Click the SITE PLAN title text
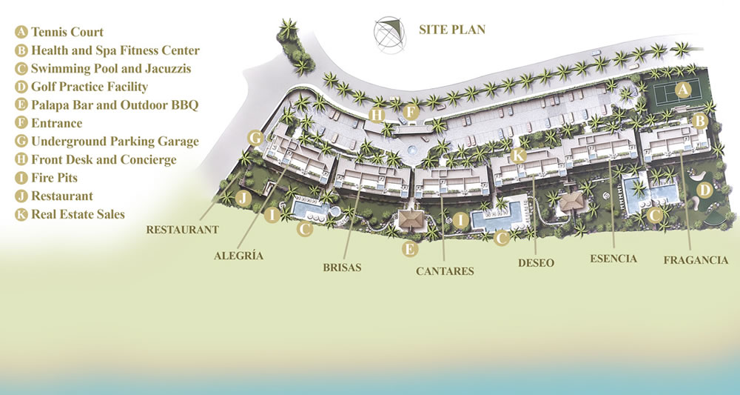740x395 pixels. point(451,30)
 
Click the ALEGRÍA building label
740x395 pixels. point(238,256)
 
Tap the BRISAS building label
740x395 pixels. point(341,268)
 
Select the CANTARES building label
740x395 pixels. point(444,271)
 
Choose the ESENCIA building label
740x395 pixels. point(613,259)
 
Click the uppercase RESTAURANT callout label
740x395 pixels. point(182,230)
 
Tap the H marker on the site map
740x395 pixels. point(377,115)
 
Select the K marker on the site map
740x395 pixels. point(519,155)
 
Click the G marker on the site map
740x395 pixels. point(256,138)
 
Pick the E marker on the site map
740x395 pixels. point(409,249)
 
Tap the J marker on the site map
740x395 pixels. point(242,198)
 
